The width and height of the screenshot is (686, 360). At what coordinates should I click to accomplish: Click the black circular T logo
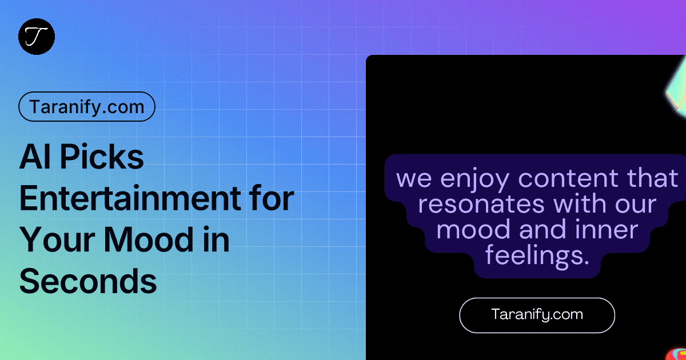(x=37, y=37)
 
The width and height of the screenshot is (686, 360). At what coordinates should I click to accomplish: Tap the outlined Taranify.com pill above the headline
(x=87, y=106)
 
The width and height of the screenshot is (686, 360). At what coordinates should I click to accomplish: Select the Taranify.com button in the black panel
(x=537, y=315)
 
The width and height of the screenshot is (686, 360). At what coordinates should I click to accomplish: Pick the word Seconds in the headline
(x=88, y=282)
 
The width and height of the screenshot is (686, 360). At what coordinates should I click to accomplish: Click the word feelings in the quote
(x=537, y=257)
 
